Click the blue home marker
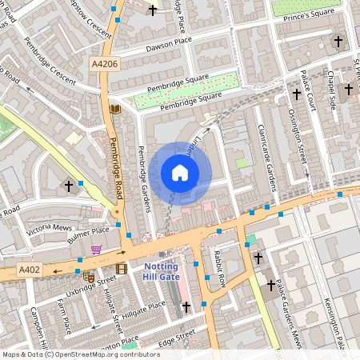180,173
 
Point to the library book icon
115,109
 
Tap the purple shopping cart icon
96,250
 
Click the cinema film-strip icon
121,269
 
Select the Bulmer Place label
87,233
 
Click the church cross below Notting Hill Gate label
186,306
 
